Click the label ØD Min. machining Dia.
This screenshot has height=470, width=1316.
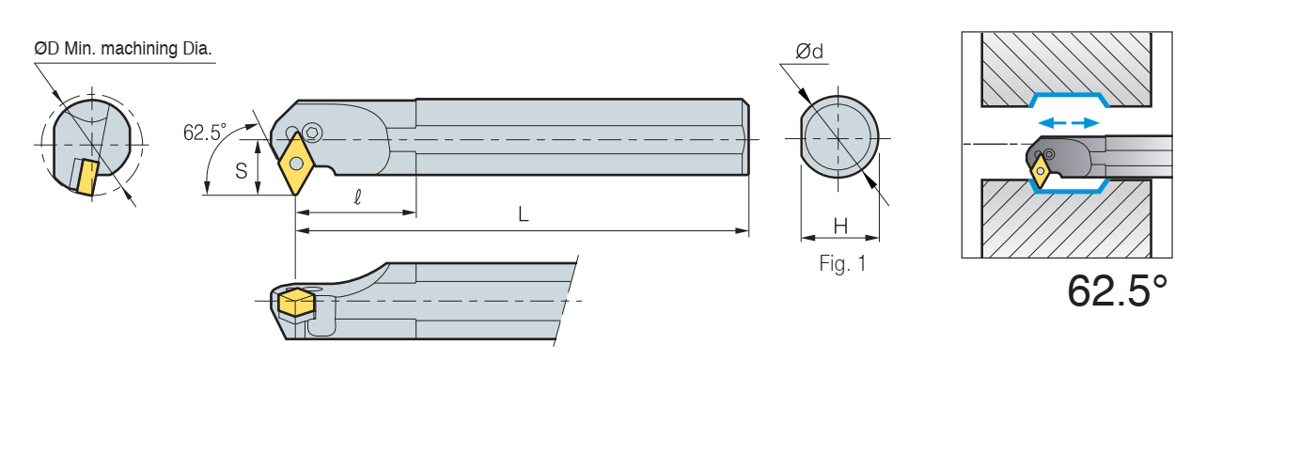(x=123, y=48)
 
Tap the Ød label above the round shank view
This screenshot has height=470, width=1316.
(x=809, y=51)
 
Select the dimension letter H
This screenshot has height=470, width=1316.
(x=840, y=227)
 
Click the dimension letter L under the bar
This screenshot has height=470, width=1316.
(x=523, y=214)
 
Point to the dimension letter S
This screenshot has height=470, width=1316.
(x=241, y=171)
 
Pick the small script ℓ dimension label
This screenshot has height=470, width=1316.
(x=358, y=196)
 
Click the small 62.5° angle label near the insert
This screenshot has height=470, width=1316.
(x=205, y=133)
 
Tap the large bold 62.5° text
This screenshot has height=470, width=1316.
(x=1117, y=290)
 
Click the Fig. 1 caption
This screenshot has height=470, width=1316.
(x=842, y=263)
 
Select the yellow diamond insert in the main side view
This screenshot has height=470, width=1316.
(x=297, y=163)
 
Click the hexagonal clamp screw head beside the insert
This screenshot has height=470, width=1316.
(x=313, y=133)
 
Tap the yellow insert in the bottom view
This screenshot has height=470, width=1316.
(x=297, y=302)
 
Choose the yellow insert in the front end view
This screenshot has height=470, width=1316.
(x=86, y=177)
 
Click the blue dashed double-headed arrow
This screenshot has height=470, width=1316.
(x=1069, y=123)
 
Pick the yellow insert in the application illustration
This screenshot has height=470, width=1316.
(x=1042, y=171)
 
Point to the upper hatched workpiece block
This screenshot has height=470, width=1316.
(x=1066, y=70)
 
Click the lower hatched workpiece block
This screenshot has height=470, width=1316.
(x=1066, y=218)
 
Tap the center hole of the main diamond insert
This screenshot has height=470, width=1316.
(x=297, y=163)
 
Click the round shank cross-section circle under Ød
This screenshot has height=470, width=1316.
(x=839, y=137)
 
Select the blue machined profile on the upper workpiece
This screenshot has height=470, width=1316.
(x=1069, y=100)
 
